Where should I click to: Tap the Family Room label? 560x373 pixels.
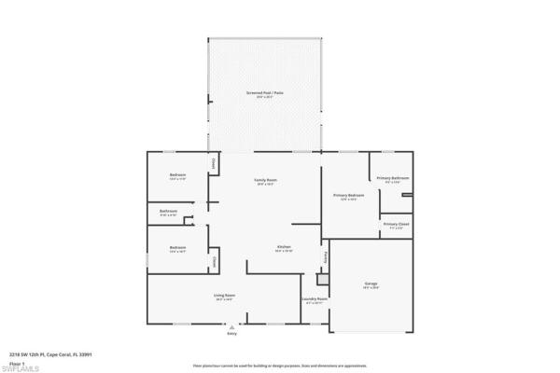point(266,180)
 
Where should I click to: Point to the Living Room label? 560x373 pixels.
point(224,295)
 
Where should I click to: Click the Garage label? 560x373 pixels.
point(371,283)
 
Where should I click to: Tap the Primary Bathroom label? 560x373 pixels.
point(393,178)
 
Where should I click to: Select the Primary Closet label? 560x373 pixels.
point(395,224)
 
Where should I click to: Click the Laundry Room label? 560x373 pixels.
point(314,299)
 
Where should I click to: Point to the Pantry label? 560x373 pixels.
point(326,256)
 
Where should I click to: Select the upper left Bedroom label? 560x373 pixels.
point(177,176)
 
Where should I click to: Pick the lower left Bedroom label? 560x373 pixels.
point(177,247)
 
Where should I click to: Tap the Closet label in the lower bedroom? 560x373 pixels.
point(215,262)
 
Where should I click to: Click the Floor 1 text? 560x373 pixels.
point(16,362)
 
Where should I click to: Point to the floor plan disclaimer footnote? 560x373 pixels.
point(280,366)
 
